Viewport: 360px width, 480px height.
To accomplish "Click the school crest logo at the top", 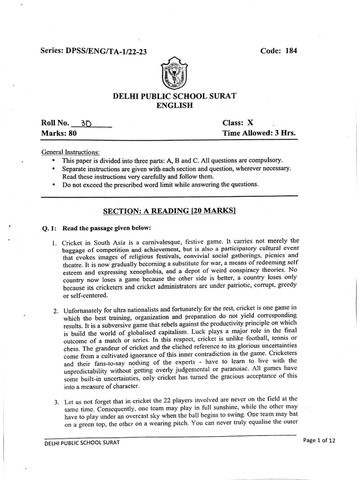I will [x=174, y=73].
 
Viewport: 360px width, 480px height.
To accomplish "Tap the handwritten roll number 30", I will [x=86, y=124].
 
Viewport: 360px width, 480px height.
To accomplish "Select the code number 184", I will [x=292, y=51].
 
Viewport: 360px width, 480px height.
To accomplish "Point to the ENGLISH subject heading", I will [x=174, y=106].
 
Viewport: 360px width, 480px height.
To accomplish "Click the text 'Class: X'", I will [x=238, y=123].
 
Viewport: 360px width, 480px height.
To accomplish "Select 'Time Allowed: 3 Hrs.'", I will [x=259, y=133].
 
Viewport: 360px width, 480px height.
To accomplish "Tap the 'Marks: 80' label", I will [x=59, y=133].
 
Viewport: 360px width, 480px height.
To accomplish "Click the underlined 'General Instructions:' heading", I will [x=70, y=152].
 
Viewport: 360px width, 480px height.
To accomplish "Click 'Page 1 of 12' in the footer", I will [x=319, y=440].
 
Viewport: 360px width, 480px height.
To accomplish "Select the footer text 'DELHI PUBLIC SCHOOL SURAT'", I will [x=82, y=442].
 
